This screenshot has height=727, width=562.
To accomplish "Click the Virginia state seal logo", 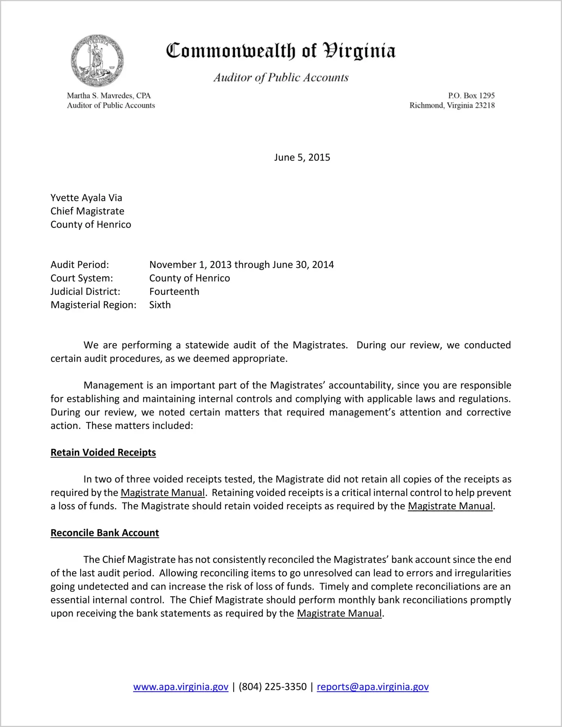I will [x=97, y=61].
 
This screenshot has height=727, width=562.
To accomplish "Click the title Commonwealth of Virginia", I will [x=281, y=51].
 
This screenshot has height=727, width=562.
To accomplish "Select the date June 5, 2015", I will [x=302, y=157].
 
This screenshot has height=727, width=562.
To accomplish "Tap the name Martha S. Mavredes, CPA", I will [x=109, y=96].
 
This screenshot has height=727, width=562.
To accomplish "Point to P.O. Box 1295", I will [x=471, y=96].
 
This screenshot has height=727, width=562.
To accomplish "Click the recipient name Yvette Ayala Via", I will [x=86, y=198].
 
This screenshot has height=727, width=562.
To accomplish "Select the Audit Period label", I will [x=80, y=265].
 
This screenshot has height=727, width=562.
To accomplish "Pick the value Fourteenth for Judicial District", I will [x=174, y=291].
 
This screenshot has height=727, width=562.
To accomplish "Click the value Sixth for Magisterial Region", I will [x=160, y=305].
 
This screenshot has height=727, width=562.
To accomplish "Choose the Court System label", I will [x=82, y=278].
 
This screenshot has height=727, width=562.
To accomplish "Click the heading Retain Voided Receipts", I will [x=103, y=453].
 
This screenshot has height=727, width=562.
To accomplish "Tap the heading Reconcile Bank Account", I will [x=105, y=533].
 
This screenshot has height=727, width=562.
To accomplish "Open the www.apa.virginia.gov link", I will [x=181, y=687].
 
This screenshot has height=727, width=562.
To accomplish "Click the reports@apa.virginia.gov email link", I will [x=372, y=687].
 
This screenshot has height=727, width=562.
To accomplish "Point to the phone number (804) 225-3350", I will [x=272, y=687].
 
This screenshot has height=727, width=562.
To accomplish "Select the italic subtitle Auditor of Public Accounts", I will [x=281, y=78].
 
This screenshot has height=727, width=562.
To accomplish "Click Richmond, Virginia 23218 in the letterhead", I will [x=452, y=105].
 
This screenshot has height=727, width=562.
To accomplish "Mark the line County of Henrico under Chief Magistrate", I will [x=91, y=224].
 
